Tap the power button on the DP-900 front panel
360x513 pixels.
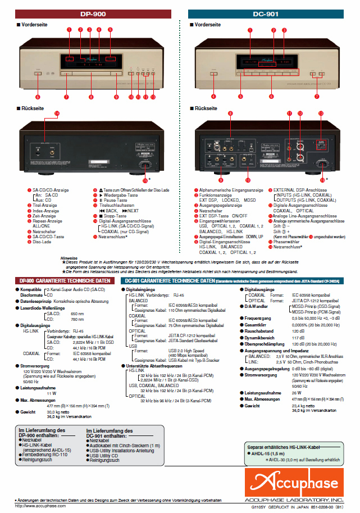coord(38,73)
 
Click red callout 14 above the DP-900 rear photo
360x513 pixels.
coord(57,114)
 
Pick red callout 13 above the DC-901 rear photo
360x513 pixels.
coord(320,114)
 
